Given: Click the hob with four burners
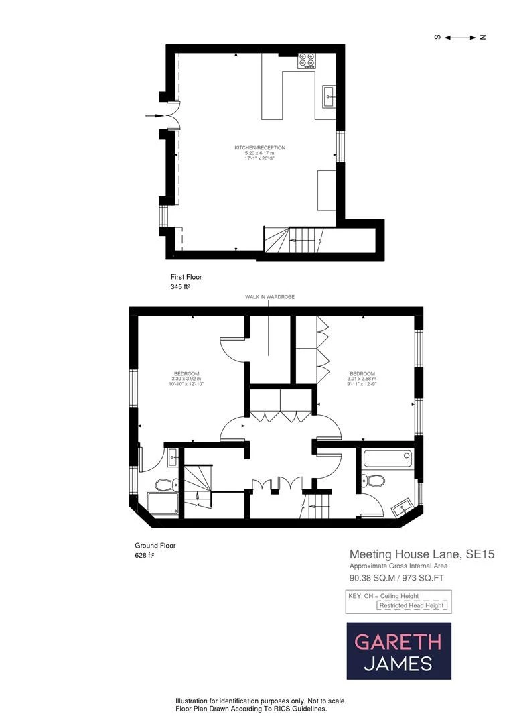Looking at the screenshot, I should (307, 60).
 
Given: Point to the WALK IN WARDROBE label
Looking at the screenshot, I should (269, 297).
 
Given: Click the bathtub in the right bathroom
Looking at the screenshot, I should (387, 460).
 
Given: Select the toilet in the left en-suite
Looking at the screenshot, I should (165, 484).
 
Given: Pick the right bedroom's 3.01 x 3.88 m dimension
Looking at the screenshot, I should (362, 380).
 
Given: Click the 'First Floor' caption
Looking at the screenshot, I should (186, 277).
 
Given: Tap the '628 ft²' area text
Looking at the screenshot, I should (145, 556).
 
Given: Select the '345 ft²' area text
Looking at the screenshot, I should (181, 287).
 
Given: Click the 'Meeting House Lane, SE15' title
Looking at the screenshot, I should (422, 554).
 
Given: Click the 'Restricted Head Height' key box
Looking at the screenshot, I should (411, 605).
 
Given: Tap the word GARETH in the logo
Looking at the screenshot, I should (398, 642).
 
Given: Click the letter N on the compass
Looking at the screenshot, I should (482, 37).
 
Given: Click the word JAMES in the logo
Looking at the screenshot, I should (398, 664).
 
